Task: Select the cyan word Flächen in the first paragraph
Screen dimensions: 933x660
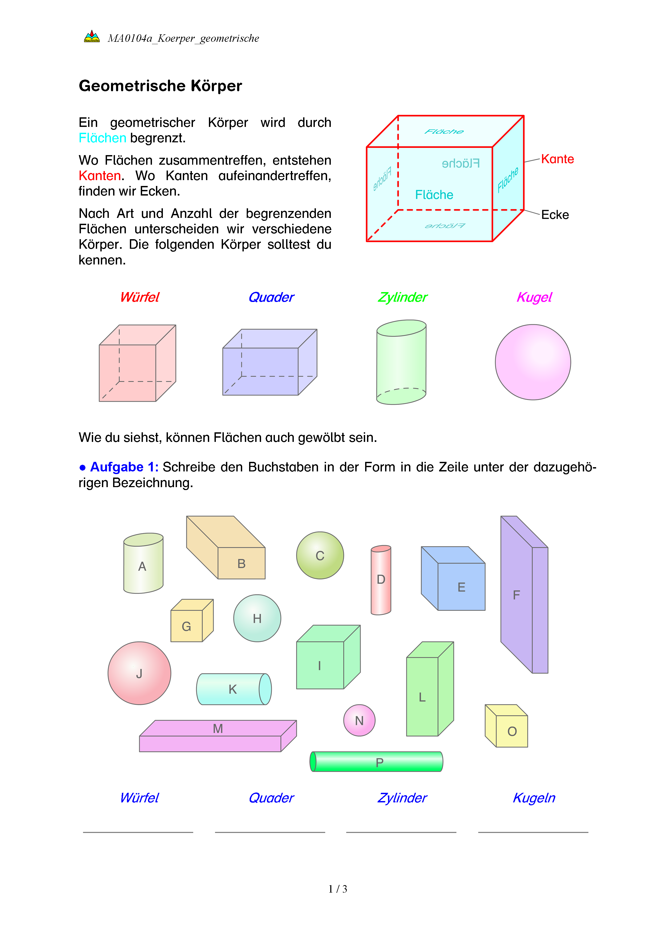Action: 102,138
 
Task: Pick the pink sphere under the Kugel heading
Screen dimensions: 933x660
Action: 533,362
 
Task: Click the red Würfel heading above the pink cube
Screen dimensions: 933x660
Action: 139,297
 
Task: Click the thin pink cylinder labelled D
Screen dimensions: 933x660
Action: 381,580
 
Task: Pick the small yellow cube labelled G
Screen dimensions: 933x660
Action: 190,622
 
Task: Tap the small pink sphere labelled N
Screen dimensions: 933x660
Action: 359,720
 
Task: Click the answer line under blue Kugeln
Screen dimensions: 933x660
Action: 533,832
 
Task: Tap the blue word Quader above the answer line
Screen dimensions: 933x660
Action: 271,798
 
